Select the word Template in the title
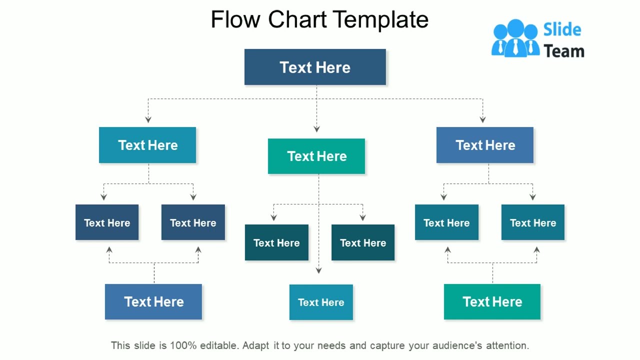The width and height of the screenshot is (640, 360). [x=380, y=20]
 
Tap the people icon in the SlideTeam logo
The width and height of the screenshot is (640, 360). [x=515, y=38]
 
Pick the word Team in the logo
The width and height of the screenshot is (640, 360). [x=564, y=51]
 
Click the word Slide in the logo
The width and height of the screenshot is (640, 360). [x=562, y=30]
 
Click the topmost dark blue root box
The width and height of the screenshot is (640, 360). [x=315, y=67]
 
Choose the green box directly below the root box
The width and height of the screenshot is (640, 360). [x=316, y=156]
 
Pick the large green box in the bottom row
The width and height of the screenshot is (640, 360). [x=492, y=301]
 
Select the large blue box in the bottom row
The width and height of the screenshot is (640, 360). [x=153, y=301]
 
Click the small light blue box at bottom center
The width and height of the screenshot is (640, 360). [x=321, y=302]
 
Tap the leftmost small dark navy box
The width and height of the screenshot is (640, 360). [x=107, y=222]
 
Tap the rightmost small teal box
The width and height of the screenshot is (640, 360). [x=533, y=222]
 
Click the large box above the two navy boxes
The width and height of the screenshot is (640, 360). [x=147, y=145]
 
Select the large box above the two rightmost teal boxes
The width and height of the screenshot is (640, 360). [x=485, y=145]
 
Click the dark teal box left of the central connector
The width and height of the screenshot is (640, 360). [x=276, y=242]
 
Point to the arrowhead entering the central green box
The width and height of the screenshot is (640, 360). [x=316, y=129]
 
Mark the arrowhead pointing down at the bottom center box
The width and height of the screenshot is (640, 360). [x=318, y=270]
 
